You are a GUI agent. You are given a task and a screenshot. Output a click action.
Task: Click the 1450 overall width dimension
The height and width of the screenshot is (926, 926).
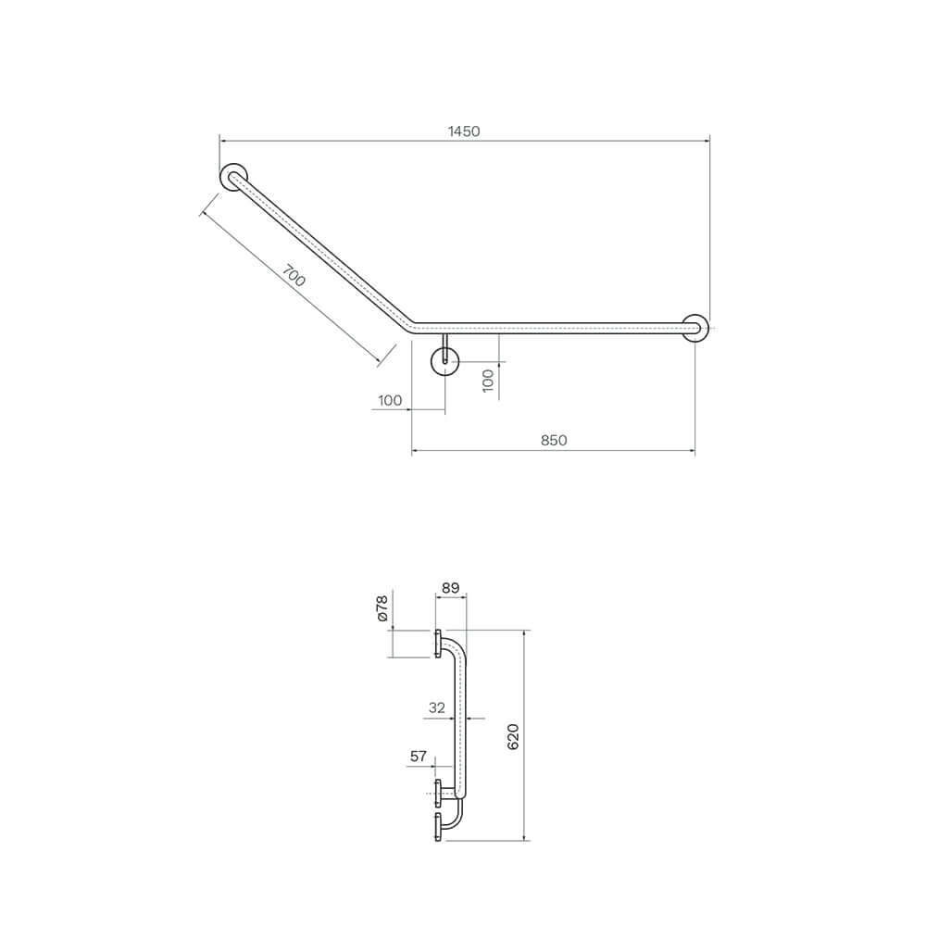(x=464, y=131)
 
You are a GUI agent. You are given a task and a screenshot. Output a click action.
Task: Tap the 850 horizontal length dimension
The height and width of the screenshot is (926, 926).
(x=554, y=441)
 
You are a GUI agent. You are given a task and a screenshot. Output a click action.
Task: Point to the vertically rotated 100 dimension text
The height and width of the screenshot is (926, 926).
(x=489, y=380)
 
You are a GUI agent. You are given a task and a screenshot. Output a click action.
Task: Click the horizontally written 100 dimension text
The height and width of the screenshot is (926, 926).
(x=390, y=400)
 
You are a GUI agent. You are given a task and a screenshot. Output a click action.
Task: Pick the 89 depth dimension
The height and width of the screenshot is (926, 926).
(x=451, y=587)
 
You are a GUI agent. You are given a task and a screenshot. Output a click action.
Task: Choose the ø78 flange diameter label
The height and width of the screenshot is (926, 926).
(x=382, y=607)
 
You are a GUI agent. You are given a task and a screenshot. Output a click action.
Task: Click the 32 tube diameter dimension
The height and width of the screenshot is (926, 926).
(x=437, y=707)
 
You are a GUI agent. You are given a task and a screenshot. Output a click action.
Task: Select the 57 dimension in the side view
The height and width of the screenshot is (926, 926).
(x=419, y=757)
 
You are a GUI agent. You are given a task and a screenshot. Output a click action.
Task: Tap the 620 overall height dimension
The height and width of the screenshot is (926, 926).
(x=515, y=736)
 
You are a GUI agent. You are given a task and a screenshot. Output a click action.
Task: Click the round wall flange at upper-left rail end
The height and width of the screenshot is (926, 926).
(x=234, y=176)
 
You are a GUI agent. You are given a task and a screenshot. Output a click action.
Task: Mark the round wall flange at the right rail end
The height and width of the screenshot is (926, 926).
(x=695, y=328)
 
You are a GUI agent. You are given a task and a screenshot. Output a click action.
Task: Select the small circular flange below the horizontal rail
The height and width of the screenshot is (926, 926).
(x=445, y=362)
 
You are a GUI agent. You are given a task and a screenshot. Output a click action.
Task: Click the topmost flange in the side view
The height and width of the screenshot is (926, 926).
(x=437, y=644)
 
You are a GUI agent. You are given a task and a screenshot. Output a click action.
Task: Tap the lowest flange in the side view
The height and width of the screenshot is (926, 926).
(x=437, y=827)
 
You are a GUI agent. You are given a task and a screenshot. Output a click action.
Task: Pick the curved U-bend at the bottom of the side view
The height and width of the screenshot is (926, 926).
(x=454, y=815)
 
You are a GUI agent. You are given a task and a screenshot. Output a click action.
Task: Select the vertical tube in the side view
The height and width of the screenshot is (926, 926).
(x=460, y=722)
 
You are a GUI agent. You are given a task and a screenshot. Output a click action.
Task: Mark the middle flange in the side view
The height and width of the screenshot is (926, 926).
(x=437, y=793)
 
